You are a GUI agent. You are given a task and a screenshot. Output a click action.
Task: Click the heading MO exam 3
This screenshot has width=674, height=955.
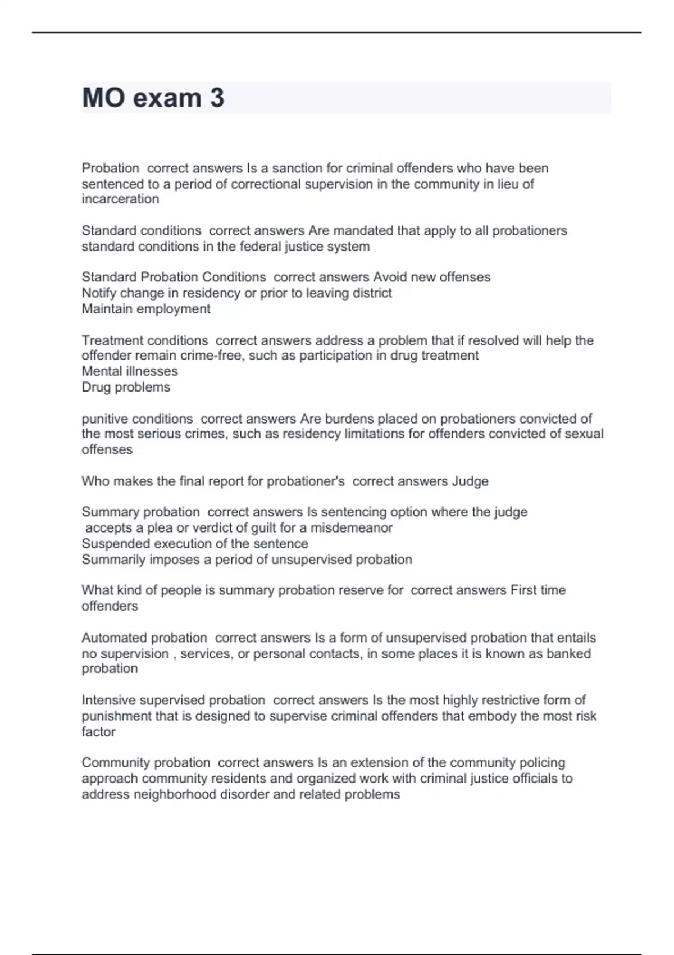153,98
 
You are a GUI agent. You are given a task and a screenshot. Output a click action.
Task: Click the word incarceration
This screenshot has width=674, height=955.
120,199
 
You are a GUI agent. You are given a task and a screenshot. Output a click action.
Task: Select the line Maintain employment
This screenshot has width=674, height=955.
146,309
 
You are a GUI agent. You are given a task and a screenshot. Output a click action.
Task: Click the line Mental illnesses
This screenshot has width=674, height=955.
130,371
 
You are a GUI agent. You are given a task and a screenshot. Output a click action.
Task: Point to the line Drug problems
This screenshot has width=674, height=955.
126,387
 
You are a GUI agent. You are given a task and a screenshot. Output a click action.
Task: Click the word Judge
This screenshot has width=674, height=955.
470,481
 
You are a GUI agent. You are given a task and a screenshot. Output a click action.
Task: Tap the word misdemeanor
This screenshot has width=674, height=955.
352,528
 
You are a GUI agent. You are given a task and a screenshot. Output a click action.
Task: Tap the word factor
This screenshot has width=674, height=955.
98,732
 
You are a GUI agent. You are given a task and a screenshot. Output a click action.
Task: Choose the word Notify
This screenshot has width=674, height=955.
99,293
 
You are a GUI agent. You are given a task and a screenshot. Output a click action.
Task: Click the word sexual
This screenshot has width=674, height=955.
584,434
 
